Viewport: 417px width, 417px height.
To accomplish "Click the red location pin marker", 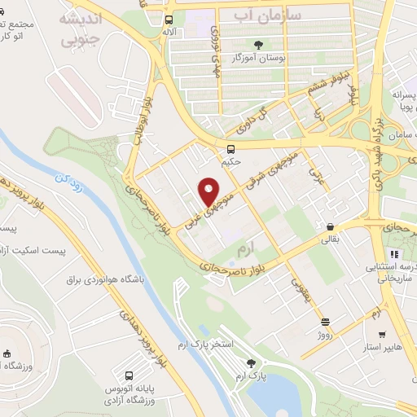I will pyautogui.click(x=209, y=192).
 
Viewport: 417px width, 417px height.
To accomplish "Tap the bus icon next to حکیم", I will pyautogui.click(x=231, y=149).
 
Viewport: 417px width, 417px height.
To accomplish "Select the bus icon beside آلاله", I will pyautogui.click(x=169, y=20).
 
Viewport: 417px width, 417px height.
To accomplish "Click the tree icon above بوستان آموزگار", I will pyautogui.click(x=259, y=45).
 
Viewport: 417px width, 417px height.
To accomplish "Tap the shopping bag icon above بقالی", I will pyautogui.click(x=329, y=226).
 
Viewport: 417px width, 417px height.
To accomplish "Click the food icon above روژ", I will pyautogui.click(x=326, y=322).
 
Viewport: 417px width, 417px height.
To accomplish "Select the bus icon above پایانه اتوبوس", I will pyautogui.click(x=129, y=376).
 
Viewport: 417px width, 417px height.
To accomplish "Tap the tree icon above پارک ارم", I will pyautogui.click(x=252, y=364).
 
